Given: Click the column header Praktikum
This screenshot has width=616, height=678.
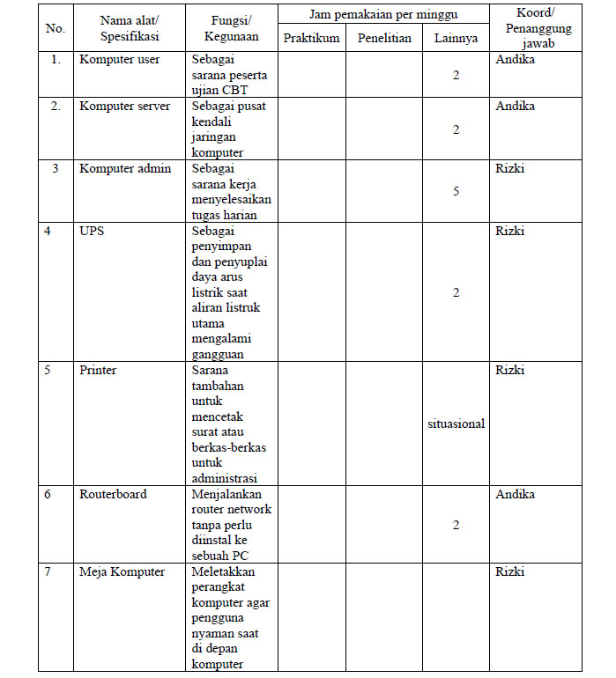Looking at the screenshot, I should (x=311, y=39).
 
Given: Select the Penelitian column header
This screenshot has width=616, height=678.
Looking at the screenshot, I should (x=384, y=39).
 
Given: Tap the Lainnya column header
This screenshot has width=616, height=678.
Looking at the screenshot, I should (x=456, y=39).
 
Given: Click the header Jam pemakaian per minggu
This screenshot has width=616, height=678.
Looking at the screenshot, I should (x=383, y=15).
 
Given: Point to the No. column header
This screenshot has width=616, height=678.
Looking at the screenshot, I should (x=55, y=28).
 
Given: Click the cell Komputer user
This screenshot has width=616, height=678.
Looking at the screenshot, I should (x=116, y=61).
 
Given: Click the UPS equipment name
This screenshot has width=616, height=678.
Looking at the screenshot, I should (x=91, y=232).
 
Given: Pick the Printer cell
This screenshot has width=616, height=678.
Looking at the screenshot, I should (x=97, y=371).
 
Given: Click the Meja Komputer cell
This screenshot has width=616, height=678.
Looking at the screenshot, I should (x=122, y=572).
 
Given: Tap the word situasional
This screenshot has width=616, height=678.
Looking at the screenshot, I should (x=456, y=424).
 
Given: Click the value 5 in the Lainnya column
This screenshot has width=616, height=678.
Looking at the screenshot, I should (x=456, y=191).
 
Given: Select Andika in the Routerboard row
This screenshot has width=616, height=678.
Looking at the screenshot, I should (x=515, y=495).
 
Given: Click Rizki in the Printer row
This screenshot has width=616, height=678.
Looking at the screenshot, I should (x=509, y=371).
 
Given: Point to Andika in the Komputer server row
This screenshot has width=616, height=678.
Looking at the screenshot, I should (x=515, y=107).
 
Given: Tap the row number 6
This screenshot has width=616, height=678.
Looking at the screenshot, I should (x=48, y=495).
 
